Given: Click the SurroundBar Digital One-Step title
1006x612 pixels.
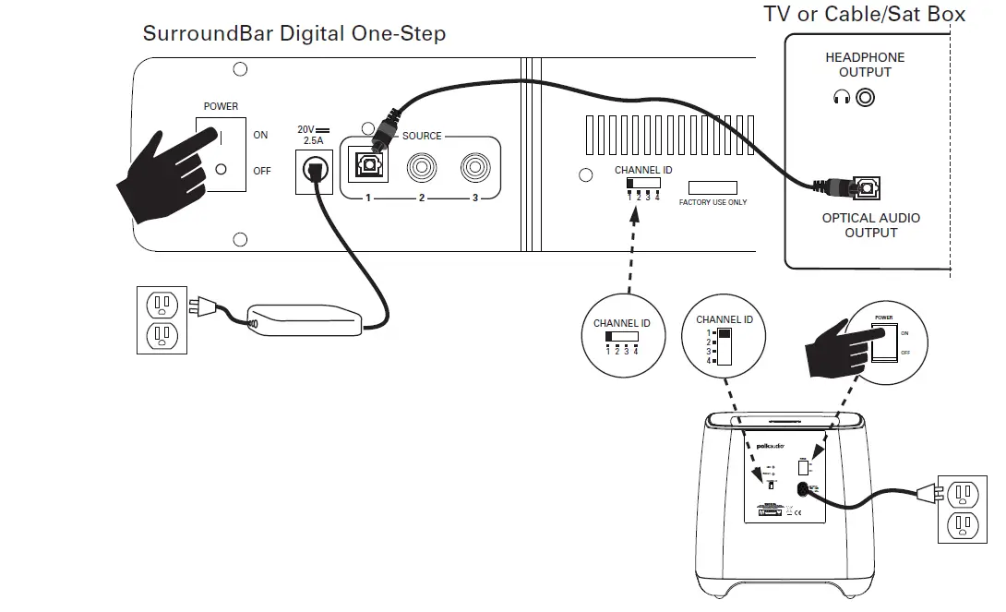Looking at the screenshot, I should pos(293,34).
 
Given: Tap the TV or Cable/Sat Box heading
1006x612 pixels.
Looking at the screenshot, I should pos(864,14).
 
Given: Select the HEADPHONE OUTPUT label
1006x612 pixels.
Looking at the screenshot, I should pos(865,65).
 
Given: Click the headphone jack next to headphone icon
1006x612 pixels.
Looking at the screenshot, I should pos(865,96).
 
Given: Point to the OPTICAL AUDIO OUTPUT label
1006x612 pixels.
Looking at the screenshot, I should pos(870,225).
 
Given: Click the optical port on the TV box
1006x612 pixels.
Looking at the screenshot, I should pos(865,189).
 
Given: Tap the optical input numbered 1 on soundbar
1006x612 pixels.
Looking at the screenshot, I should pos(366,167).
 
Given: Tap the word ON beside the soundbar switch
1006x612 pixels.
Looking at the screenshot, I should pos(260,135).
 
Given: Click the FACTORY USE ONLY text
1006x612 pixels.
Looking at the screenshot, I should pos(713,202).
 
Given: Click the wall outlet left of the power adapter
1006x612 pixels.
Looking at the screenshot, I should pos(162,319).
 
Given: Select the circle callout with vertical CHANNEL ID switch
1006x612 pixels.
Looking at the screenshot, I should pos(724,340).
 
